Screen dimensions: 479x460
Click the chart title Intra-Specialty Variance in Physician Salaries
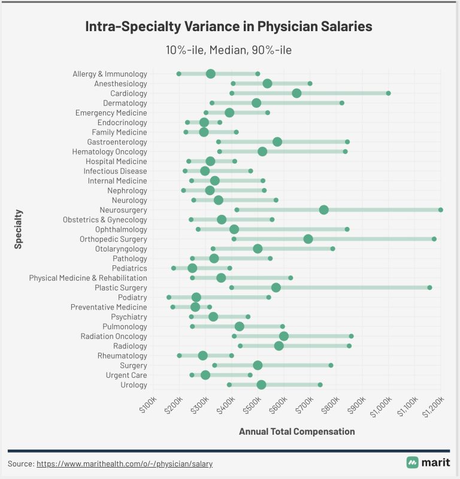tap(229, 27)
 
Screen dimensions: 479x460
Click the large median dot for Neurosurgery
tap(324, 210)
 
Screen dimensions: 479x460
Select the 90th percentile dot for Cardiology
tap(388, 93)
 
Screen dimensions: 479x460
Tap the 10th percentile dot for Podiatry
tap(169, 297)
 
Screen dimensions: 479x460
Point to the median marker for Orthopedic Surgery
tap(308, 239)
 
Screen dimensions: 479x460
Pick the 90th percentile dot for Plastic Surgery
tap(429, 287)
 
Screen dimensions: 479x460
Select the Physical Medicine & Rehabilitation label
tap(88, 278)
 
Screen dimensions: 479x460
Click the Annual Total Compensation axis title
tap(296, 431)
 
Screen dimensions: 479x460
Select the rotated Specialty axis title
tap(19, 229)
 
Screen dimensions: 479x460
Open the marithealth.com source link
tap(125, 463)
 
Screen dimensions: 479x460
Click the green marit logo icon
tap(412, 462)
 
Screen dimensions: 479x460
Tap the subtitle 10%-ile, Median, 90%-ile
tap(229, 50)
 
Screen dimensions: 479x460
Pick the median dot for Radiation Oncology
tap(284, 336)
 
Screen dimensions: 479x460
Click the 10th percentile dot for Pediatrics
tap(174, 268)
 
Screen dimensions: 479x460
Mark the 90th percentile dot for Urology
tap(320, 384)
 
